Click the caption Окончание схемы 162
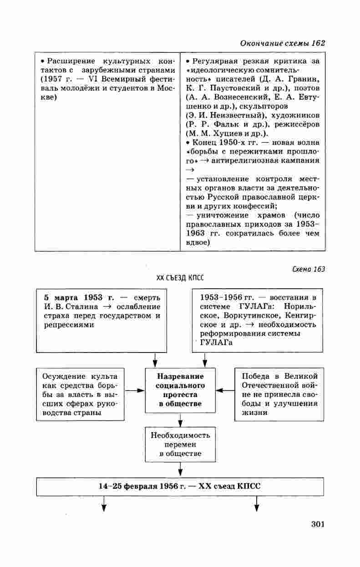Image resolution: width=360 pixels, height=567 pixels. pos(282,43)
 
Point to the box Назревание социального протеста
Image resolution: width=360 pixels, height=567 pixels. pos(180,390)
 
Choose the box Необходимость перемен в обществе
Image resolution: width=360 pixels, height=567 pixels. pos(180,444)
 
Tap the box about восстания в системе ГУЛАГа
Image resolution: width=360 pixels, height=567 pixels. pos(257,320)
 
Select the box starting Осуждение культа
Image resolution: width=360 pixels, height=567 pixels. pos(80,394)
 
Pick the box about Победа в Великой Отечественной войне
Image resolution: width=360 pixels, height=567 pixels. pos(279,394)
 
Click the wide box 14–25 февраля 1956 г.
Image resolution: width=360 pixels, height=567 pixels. pos(180,486)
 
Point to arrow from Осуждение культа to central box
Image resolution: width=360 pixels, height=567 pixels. pos(135,390)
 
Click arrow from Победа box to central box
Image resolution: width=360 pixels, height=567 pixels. pos(225,390)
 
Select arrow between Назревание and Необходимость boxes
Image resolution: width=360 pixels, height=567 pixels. pos(180,419)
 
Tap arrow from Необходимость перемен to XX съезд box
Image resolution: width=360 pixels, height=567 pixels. pos(180,469)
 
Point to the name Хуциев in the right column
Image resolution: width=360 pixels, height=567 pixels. pos(226,133)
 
